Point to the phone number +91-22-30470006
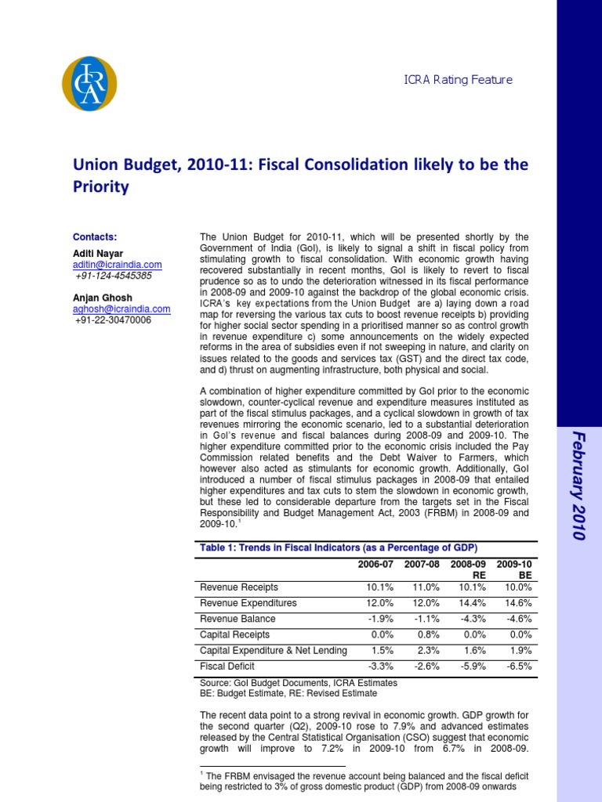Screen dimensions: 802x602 pyautogui.click(x=113, y=320)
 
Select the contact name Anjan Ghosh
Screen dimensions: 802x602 pyautogui.click(x=103, y=298)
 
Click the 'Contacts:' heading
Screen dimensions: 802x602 pyautogui.click(x=95, y=237)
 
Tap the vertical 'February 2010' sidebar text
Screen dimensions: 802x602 pyautogui.click(x=578, y=486)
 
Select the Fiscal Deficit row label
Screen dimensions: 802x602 pyautogui.click(x=229, y=667)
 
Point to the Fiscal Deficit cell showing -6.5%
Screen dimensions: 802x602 pyautogui.click(x=519, y=667)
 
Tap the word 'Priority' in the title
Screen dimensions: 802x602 pyautogui.click(x=100, y=187)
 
